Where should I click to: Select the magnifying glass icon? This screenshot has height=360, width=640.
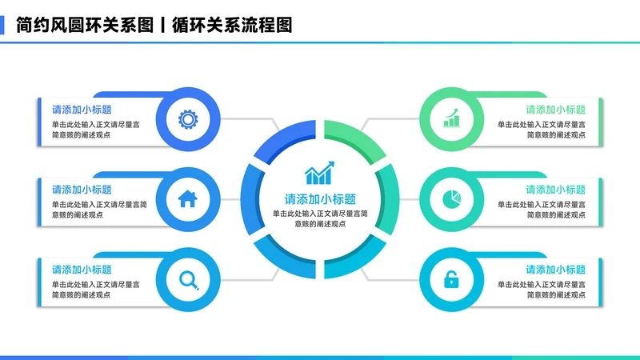(189, 279)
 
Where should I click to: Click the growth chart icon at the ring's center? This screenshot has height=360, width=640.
(320, 173)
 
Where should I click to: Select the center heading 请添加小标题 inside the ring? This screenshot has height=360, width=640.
(320, 199)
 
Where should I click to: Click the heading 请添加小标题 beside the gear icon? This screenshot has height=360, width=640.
(82, 110)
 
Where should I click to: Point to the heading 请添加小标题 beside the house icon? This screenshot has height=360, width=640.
(82, 190)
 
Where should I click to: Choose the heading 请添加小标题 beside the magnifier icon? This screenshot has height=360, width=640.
(82, 270)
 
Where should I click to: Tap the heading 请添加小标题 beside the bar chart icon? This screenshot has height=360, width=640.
(555, 110)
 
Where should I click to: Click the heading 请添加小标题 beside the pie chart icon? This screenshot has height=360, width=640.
(555, 190)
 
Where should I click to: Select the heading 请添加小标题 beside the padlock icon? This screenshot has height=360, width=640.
(555, 270)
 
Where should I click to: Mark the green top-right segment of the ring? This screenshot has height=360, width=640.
(357, 141)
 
